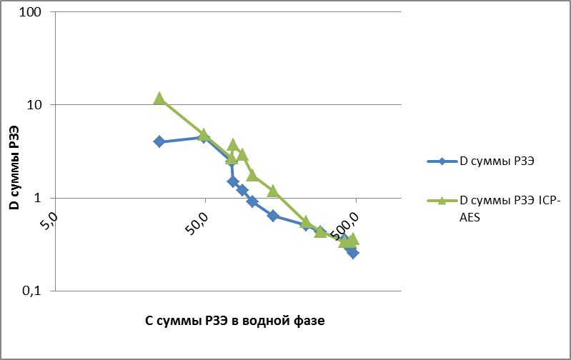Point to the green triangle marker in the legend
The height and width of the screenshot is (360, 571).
(442, 200)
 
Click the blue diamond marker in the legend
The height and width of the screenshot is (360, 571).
(442, 161)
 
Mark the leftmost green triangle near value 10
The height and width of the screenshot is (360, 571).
(159, 98)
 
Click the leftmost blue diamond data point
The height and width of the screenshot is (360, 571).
(159, 141)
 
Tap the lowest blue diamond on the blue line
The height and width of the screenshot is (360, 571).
(352, 253)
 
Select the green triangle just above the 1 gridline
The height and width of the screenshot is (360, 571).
(272, 191)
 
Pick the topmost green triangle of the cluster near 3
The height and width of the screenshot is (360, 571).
(233, 144)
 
